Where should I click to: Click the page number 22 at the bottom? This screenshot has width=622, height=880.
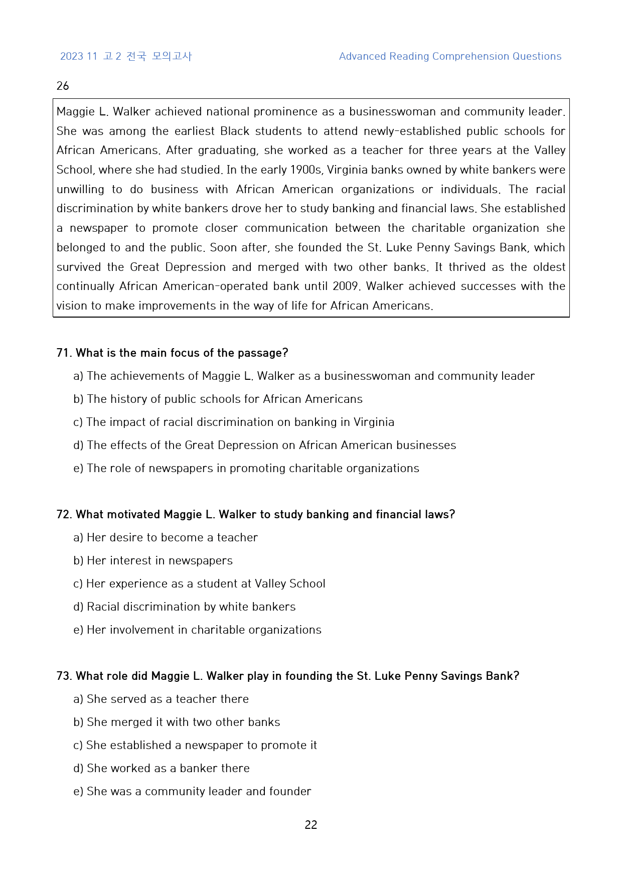(310, 825)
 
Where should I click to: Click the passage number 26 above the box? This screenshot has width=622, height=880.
(63, 86)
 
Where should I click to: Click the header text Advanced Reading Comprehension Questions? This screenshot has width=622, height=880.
(450, 56)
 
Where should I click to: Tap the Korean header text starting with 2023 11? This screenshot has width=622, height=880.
(126, 56)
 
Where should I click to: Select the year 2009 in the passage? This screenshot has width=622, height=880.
(345, 286)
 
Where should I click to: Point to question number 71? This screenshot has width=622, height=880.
(64, 353)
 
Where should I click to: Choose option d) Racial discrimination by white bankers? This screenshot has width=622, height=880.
(185, 607)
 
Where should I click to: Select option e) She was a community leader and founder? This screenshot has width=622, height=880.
(192, 791)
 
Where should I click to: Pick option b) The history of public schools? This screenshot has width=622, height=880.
(218, 399)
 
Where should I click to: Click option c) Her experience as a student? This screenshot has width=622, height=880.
(199, 583)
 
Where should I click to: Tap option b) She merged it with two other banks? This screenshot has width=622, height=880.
(177, 722)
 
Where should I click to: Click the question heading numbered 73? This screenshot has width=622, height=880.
(287, 676)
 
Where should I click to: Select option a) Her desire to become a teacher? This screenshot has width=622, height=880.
(166, 537)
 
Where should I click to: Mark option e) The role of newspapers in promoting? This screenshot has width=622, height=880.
(246, 468)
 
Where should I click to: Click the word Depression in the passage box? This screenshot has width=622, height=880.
(196, 267)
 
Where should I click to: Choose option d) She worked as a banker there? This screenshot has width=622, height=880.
(162, 768)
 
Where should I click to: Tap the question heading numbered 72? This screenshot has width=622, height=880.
(255, 514)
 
